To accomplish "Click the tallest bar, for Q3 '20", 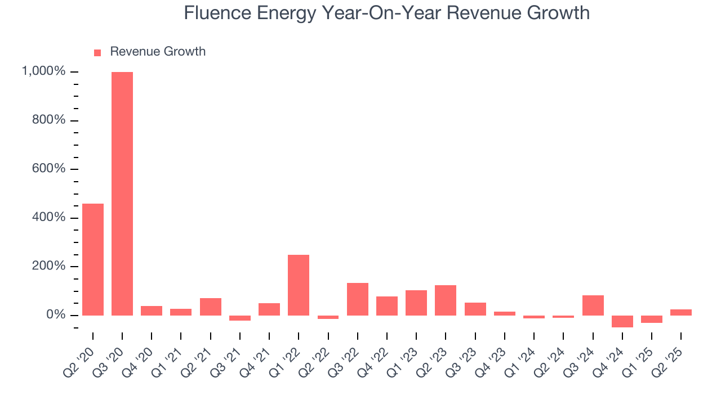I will (x=122, y=193).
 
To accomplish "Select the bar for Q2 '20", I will (x=93, y=259).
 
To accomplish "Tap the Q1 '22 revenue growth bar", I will (x=299, y=285).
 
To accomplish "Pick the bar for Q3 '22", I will (x=357, y=299).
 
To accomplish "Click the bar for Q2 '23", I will (x=446, y=300).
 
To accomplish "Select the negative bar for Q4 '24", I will (x=622, y=321).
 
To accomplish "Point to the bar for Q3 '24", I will (x=593, y=305).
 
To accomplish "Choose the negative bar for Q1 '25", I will (x=652, y=319).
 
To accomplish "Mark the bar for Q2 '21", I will (x=210, y=307).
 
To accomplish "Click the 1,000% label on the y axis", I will (x=43, y=71).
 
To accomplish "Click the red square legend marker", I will (x=97, y=52).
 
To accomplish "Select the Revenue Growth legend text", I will (x=158, y=52).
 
